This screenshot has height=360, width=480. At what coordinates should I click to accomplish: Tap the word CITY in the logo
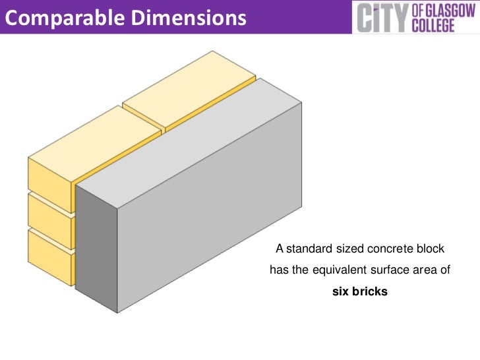tap(381, 17)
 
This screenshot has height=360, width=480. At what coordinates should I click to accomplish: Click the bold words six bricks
tap(360, 290)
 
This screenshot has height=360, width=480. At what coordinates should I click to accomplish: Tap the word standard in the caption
tap(308, 249)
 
